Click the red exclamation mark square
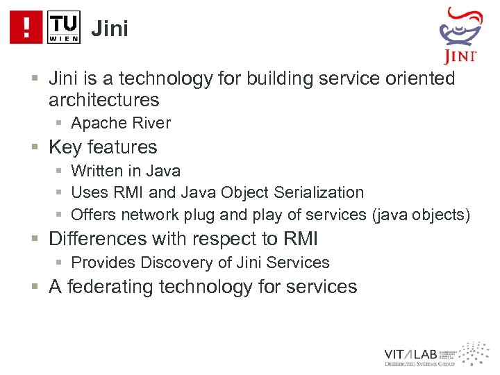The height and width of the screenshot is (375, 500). tap(26, 27)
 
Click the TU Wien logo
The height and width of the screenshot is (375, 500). tap(64, 27)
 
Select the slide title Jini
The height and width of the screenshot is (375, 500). tap(110, 29)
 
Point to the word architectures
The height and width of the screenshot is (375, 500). tap(104, 100)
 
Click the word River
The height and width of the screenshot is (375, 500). tap(150, 124)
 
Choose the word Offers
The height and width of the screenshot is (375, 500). tap(94, 215)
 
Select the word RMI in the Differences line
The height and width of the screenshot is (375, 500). tap(301, 239)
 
